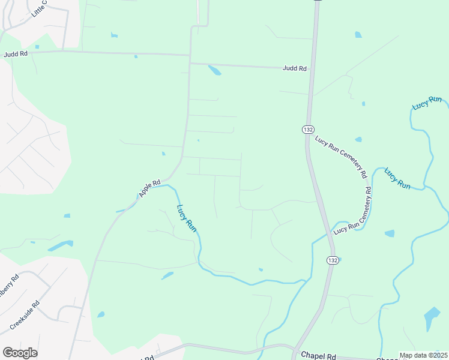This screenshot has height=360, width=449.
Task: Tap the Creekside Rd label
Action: tap(25, 316)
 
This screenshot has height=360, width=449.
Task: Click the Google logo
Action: tap(20, 353)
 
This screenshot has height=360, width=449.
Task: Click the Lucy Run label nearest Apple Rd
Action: tap(187, 219)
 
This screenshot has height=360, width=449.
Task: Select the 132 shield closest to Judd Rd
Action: tap(307, 129)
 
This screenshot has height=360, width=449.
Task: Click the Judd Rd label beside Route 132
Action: tap(295, 68)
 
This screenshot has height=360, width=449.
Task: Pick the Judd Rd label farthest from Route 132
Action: tap(16, 54)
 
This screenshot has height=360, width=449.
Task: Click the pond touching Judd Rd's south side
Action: tap(214, 70)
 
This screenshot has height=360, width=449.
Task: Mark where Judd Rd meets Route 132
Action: tap(311, 68)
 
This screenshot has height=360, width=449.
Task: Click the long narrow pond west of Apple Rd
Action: tap(60, 246)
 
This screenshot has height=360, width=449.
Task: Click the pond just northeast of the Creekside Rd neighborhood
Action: tap(101, 314)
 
